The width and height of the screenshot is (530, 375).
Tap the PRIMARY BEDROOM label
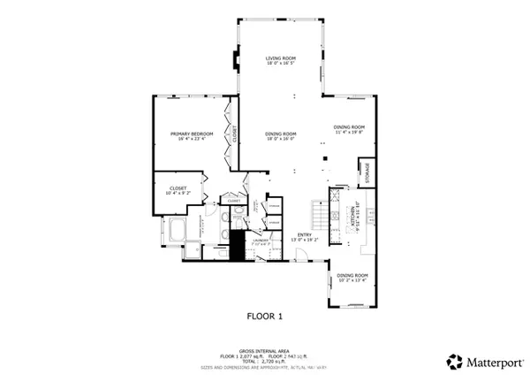(192, 133)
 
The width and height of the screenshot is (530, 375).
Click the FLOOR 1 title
(264, 314)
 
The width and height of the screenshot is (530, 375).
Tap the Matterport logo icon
(453, 361)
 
